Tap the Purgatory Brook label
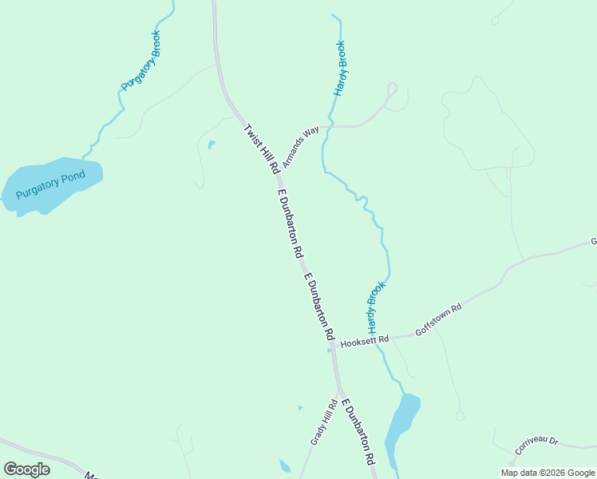coord(141,60)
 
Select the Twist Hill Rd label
coord(261,148)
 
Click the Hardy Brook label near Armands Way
coord(340,69)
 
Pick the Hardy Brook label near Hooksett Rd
coord(375,307)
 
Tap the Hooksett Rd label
coord(364,341)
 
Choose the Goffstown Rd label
coord(438,319)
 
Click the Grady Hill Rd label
coord(322,423)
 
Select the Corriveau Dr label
coord(536,445)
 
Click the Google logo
coord(27,469)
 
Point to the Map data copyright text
coord(548,473)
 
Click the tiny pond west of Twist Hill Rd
coord(211,145)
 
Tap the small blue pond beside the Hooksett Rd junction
coord(329,350)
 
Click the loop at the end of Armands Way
coord(392,88)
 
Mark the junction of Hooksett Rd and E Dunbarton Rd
coord(334,345)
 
